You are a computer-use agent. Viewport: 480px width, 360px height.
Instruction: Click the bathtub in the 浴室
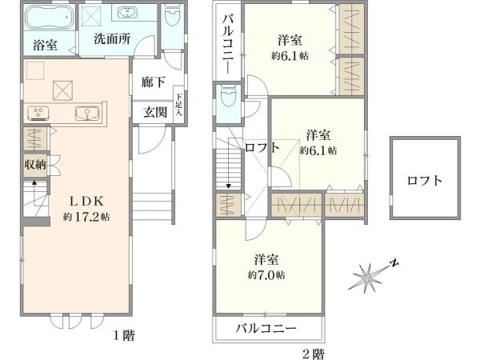click(x=50, y=18)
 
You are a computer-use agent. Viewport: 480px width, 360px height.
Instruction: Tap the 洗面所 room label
click(x=112, y=39)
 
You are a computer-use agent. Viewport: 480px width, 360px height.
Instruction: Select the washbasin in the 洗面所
click(x=127, y=13)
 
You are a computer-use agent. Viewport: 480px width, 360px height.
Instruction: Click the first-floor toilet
click(x=172, y=16)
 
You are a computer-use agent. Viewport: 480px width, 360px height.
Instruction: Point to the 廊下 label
click(x=154, y=82)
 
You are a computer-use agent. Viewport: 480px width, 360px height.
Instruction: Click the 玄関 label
click(x=155, y=112)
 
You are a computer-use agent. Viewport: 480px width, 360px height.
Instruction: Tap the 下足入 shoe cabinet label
click(x=178, y=104)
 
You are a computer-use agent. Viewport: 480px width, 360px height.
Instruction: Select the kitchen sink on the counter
click(x=87, y=114)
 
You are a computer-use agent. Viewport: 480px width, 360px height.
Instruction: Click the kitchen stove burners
click(x=39, y=114)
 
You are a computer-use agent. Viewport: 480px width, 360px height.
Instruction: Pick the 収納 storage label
click(x=35, y=165)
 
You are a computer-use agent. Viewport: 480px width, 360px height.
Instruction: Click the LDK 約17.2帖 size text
click(x=86, y=217)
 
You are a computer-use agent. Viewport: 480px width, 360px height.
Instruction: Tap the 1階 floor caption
click(x=124, y=336)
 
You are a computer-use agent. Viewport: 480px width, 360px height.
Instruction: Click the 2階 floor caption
click(x=314, y=354)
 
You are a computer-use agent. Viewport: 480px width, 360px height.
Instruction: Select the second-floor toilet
click(x=229, y=96)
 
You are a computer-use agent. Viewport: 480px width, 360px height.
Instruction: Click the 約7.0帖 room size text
click(x=266, y=275)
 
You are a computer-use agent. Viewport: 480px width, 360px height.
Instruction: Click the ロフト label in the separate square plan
click(x=425, y=180)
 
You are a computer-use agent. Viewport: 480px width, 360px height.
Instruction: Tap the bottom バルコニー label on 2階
click(x=266, y=329)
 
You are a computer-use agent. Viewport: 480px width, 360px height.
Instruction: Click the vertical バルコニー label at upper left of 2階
click(x=228, y=45)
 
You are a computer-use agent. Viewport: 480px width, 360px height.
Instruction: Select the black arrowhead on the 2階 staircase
click(x=229, y=186)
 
